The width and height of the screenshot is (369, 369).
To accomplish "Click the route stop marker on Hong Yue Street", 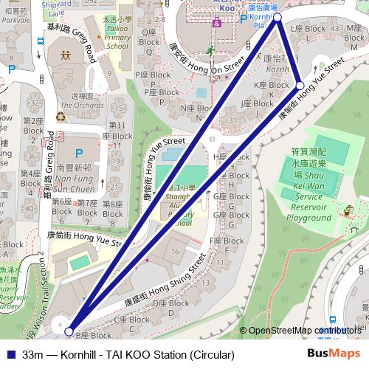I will pos(300,86).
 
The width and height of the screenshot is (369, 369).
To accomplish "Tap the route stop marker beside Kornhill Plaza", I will pos(277,16).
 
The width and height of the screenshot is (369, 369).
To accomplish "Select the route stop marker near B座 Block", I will pos(69,331).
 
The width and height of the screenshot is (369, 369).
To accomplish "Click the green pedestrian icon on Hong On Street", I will pos(210,50).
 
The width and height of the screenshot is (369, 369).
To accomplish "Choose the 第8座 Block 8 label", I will pos(112,208).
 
